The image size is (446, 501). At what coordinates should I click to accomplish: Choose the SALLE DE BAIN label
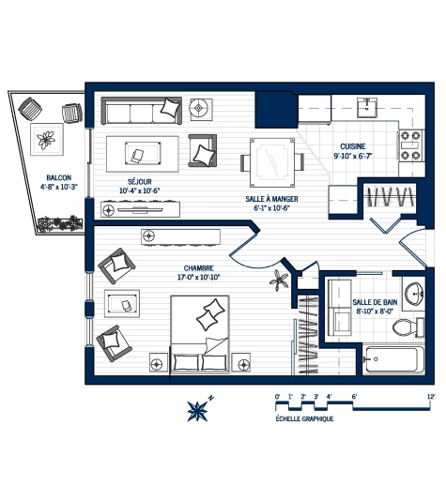tap(374, 302)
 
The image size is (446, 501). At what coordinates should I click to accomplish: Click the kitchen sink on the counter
tap(364, 104)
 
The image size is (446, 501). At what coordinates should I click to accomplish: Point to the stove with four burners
tap(410, 142)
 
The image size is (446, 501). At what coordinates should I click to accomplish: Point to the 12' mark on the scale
tap(430, 397)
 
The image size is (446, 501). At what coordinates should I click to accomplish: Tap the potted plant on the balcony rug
tap(45, 142)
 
